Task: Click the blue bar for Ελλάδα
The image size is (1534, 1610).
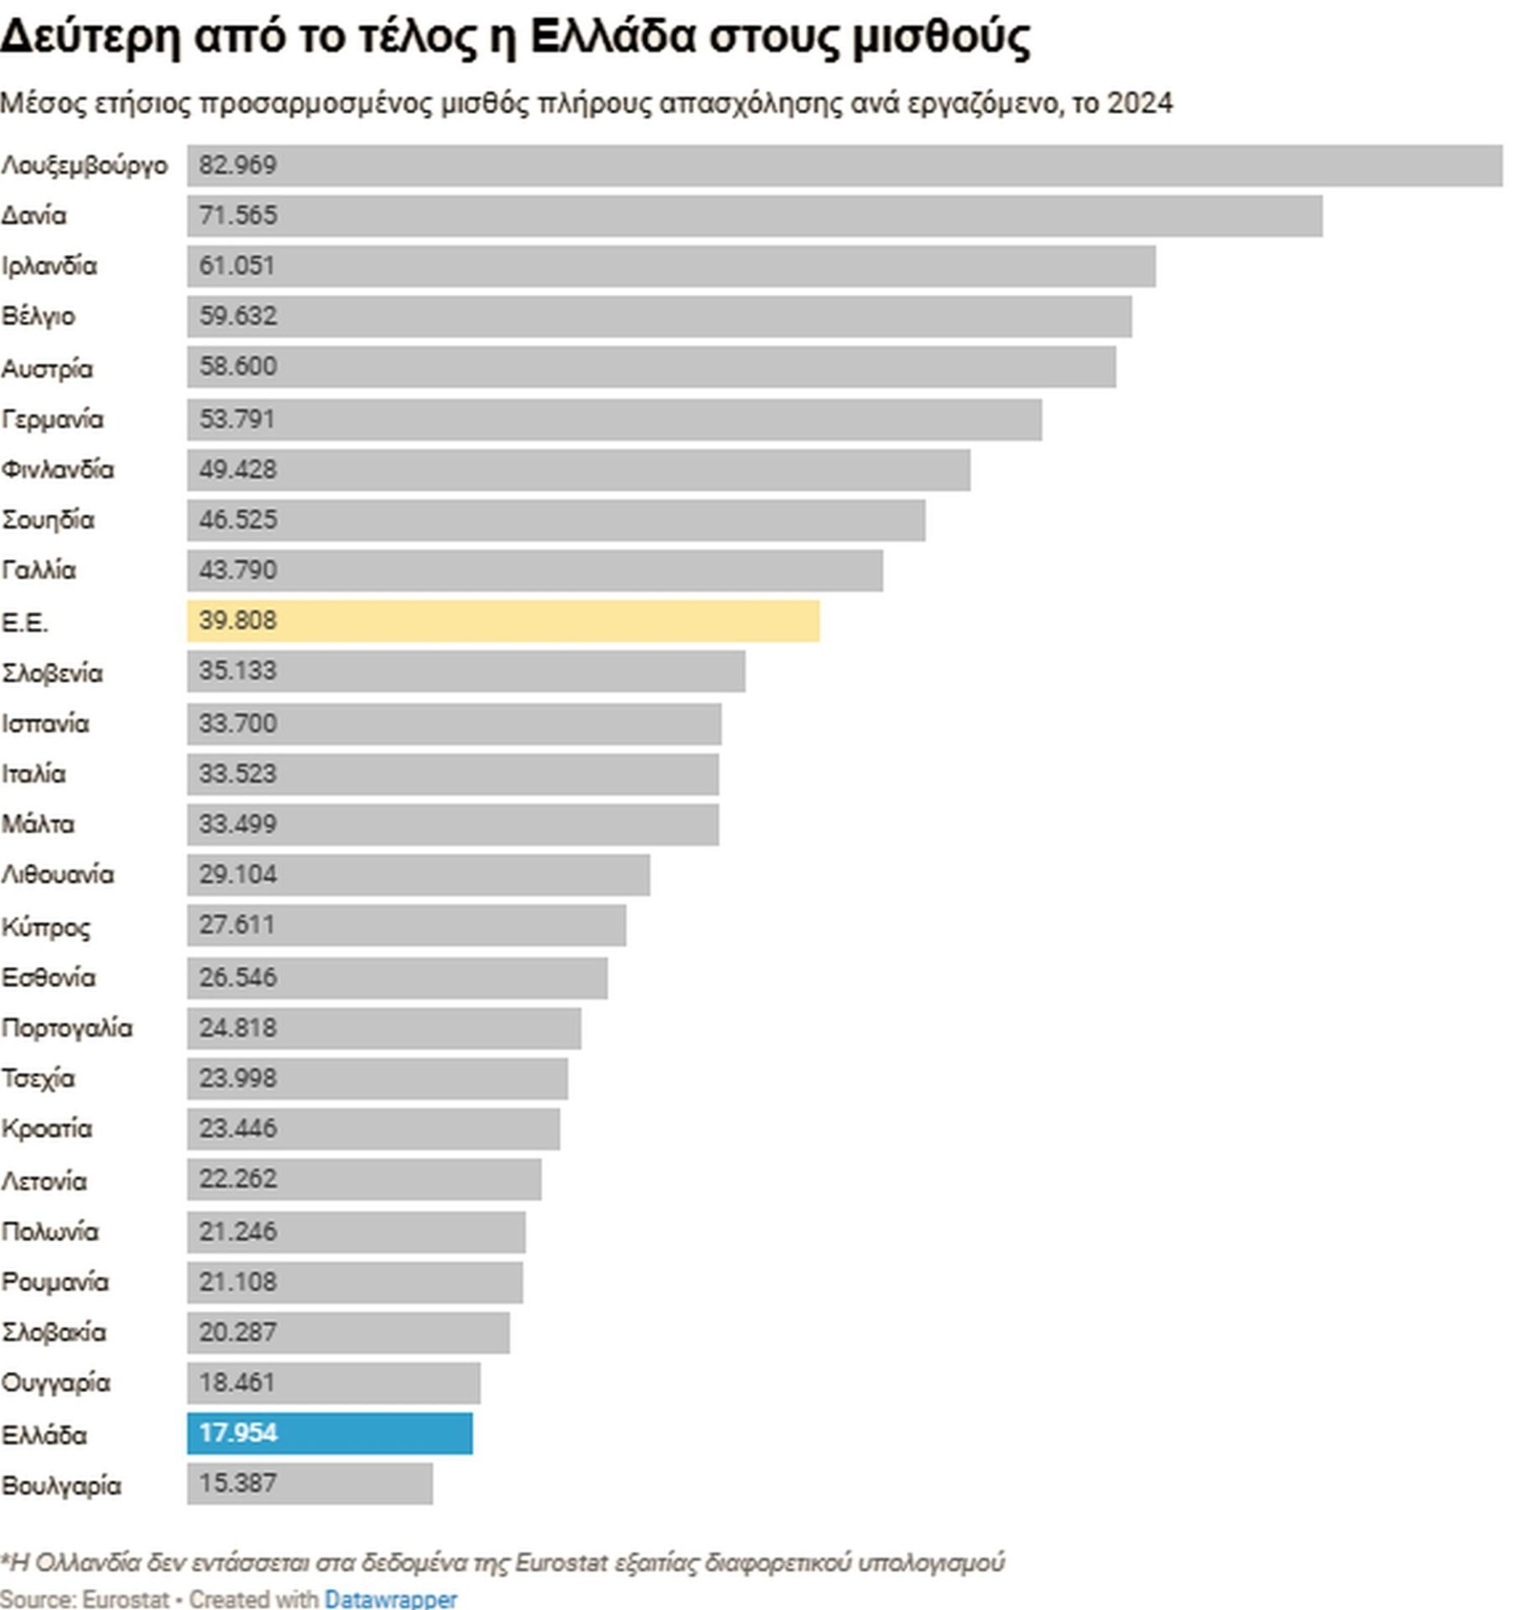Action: [x=329, y=1433]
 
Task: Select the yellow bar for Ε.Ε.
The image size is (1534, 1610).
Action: [x=502, y=621]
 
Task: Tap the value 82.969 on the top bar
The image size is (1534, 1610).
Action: [x=237, y=165]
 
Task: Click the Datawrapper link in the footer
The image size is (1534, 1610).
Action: [x=390, y=1599]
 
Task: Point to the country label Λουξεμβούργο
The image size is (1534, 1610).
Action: [x=85, y=166]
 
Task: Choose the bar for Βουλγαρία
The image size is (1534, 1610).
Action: [x=309, y=1483]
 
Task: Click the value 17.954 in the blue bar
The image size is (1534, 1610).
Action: [x=237, y=1432]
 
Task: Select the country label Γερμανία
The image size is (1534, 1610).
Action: [x=52, y=419]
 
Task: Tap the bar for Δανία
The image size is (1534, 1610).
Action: [x=754, y=216]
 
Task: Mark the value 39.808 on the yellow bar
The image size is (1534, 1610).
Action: [x=237, y=621]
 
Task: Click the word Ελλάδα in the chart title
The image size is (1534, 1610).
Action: [x=612, y=38]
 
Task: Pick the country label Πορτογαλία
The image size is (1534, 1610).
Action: [x=67, y=1028]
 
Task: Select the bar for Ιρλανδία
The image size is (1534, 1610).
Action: [x=670, y=267]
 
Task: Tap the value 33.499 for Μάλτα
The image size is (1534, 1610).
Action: [x=237, y=824]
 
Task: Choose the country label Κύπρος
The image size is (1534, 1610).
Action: [x=45, y=927]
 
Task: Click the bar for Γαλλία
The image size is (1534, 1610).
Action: [x=534, y=571]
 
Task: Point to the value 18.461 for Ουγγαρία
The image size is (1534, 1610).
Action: [x=237, y=1382]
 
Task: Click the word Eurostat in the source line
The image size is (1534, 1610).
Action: [x=126, y=1599]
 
